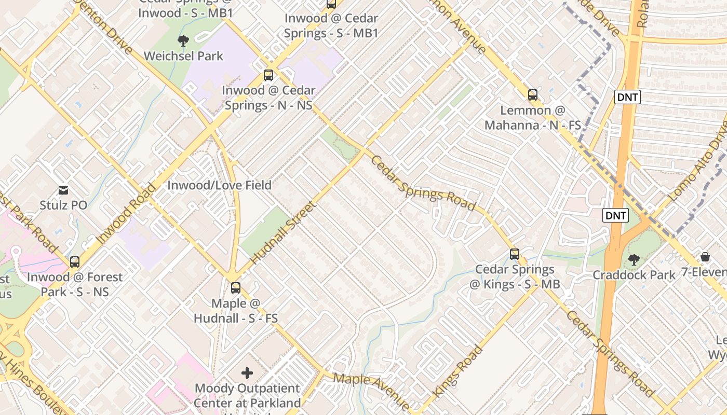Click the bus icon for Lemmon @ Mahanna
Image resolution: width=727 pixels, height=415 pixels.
coord(532,95)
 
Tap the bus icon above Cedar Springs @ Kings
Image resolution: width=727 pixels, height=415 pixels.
coord(514,254)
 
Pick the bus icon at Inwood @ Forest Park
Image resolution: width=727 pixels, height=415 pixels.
coord(75,262)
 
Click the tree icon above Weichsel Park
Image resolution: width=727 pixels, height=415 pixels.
coord(183,40)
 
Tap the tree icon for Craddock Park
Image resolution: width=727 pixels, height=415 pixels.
coord(633,259)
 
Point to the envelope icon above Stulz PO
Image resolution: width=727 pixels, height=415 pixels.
coord(63,190)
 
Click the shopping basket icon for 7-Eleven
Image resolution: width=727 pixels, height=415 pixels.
coord(705,257)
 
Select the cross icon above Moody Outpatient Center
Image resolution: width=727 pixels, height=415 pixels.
coord(247,372)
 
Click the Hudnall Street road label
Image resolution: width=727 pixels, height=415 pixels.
coord(283,232)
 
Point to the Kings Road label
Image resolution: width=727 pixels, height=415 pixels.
coord(457,371)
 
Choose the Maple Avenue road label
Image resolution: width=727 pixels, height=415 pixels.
coord(371,390)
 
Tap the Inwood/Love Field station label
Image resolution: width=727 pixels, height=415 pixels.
coord(219,185)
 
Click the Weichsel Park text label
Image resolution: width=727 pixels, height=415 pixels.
coord(183,56)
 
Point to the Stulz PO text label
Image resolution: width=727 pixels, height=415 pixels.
coord(63,205)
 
